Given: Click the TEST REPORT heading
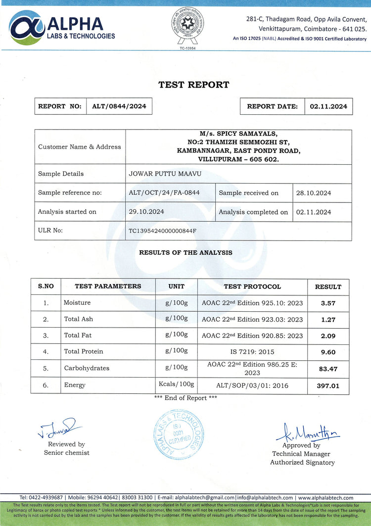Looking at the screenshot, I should (x=194, y=85).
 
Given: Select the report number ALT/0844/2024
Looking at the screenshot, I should (x=119, y=106).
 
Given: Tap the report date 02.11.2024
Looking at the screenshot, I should (x=328, y=106).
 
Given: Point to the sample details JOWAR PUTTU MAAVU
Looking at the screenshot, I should (x=161, y=174).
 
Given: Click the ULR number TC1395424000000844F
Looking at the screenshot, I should (x=163, y=231).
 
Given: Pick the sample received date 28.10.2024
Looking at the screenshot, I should (x=314, y=193).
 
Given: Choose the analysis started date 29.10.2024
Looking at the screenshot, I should (x=146, y=211).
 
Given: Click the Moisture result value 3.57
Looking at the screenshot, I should (x=328, y=303).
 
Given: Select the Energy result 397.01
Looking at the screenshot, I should (x=328, y=385).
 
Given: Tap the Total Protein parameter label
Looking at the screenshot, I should (x=84, y=351).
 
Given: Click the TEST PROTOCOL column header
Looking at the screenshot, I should (x=252, y=287).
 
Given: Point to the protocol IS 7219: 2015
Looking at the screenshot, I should (x=252, y=351).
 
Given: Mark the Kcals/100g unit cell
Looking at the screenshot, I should (x=176, y=384).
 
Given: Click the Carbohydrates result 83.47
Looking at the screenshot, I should (x=328, y=368).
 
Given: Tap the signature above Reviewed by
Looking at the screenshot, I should (x=57, y=429).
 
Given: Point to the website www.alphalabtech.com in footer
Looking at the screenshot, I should (x=325, y=497).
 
